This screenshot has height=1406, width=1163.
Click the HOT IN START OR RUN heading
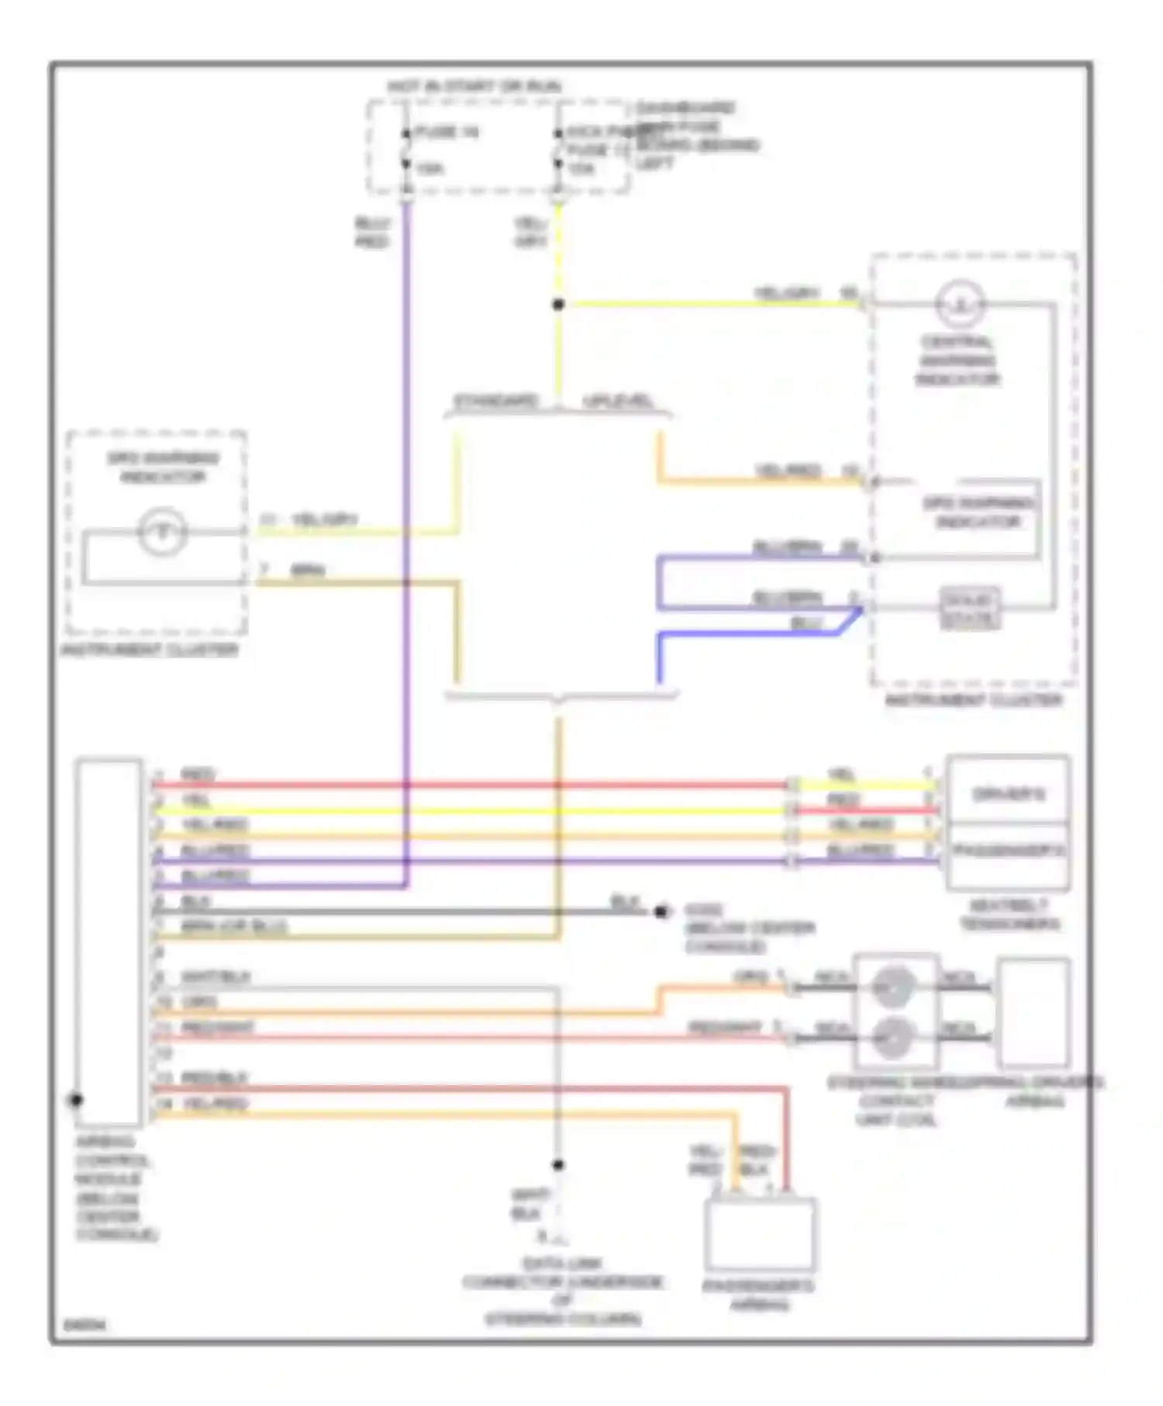coord(475,87)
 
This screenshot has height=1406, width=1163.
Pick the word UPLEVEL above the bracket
coord(618,401)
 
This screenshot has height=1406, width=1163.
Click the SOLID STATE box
coord(969,609)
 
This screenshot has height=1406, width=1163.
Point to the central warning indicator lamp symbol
coord(961,305)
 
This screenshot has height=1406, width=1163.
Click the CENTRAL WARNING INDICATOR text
coord(958,360)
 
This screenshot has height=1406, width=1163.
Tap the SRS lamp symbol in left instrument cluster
coord(162,532)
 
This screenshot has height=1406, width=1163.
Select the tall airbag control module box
coord(109,941)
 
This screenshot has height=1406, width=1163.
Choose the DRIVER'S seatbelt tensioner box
coord(1008,793)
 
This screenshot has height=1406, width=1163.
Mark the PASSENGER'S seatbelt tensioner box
coord(1008,853)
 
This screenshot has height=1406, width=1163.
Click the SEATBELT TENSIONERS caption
coord(1009,915)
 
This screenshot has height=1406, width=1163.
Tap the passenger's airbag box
coord(760,1235)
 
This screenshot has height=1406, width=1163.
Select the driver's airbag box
coord(1034,1013)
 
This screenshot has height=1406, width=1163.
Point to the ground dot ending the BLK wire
coord(661,911)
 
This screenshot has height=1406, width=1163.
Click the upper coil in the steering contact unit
coord(893,986)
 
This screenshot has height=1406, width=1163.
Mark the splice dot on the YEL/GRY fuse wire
coord(558,305)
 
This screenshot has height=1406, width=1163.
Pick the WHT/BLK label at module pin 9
coord(216,977)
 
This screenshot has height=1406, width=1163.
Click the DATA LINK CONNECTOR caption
coord(563,1291)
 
